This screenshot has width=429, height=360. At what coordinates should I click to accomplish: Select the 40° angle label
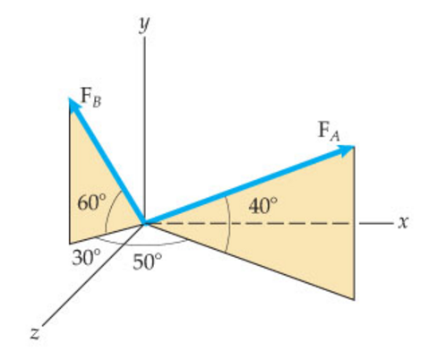[263, 205]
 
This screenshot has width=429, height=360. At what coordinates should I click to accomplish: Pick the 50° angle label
[149, 262]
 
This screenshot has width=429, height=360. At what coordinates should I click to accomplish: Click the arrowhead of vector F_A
[348, 150]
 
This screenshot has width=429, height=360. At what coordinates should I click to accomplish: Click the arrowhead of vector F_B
[73, 105]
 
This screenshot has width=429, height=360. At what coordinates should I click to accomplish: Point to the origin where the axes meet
[144, 222]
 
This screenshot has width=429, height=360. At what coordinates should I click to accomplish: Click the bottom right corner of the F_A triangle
[356, 299]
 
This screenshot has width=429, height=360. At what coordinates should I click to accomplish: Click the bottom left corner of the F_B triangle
[70, 243]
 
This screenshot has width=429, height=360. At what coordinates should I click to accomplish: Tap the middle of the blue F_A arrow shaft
[246, 186]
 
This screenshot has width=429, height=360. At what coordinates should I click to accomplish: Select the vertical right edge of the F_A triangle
[356, 224]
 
